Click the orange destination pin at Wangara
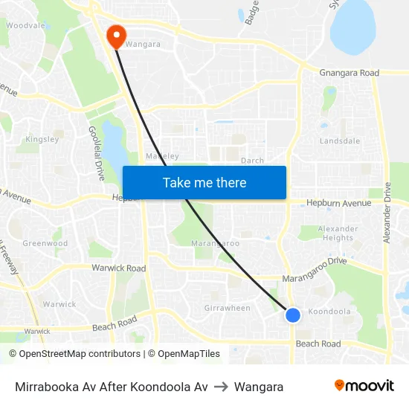pos(117,35)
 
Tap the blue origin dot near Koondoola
pos(293,315)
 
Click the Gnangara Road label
pos(349,73)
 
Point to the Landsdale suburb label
pos(340,141)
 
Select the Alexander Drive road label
pos(387,215)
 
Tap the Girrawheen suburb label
pos(227,308)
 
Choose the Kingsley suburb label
pos(42,139)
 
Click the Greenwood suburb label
pos(45,243)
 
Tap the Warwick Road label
pos(118,268)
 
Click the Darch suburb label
pos(253,160)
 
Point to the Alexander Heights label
pos(338,234)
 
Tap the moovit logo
pos(364,385)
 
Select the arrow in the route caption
pos(222,387)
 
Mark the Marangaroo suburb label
pos(215,243)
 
